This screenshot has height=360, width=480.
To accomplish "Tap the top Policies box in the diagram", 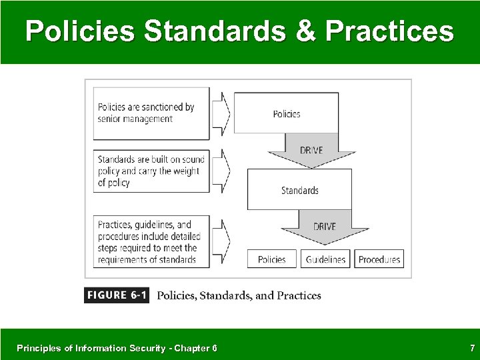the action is (287, 113).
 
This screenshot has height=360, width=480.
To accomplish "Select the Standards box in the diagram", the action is (299, 189).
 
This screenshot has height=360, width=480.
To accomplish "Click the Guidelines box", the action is (327, 259).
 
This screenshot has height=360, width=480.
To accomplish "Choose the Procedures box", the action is (379, 259).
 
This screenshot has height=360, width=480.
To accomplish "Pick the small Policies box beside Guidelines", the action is (271, 259).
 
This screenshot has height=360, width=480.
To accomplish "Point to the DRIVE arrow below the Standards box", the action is (324, 227).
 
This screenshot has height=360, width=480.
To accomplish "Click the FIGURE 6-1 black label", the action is (117, 295).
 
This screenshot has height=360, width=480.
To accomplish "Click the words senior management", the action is (135, 119).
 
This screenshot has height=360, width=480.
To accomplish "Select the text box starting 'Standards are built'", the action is (150, 171).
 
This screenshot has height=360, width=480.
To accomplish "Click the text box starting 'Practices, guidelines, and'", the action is (149, 241).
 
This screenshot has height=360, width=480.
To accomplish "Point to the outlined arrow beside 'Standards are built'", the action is (221, 171).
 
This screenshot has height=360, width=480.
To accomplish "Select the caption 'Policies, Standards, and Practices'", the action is (239, 295).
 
